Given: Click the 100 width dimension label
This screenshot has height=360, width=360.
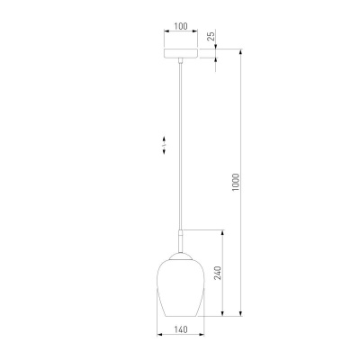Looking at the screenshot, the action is pyautogui.click(x=181, y=26).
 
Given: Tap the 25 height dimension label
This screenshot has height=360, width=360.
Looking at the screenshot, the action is pyautogui.click(x=211, y=36).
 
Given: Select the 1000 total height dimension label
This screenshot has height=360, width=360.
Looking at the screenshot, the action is pyautogui.click(x=236, y=182).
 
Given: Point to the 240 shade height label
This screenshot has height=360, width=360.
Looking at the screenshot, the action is pyautogui.click(x=219, y=273).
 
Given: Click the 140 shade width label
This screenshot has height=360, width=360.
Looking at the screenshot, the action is pyautogui.click(x=181, y=329).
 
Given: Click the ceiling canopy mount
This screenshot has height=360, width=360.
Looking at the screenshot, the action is pyautogui.click(x=181, y=53).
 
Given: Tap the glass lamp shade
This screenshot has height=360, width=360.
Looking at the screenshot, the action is pyautogui.click(x=181, y=287).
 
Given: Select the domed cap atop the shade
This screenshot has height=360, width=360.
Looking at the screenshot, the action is pyautogui.click(x=181, y=256).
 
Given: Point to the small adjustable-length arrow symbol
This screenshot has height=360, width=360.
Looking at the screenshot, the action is pyautogui.click(x=164, y=145).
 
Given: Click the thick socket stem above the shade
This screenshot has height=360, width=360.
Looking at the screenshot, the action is pyautogui.click(x=181, y=241).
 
